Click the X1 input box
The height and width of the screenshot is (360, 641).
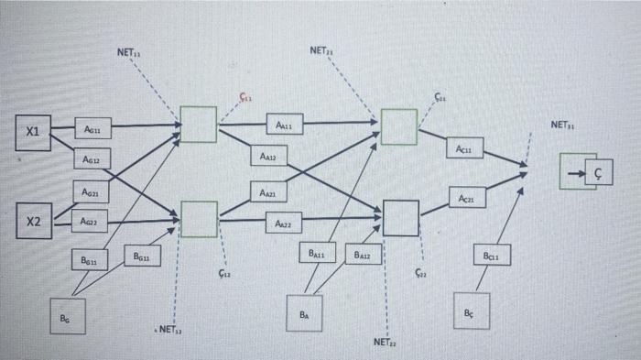coord(32,131)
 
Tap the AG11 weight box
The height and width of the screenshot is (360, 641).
coord(92,131)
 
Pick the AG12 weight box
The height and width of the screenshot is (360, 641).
coord(92,159)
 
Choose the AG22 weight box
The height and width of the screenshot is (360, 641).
coord(92,221)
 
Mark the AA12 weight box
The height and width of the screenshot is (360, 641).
coord(267,158)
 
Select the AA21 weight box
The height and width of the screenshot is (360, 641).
coord(266,193)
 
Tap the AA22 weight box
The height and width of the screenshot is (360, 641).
coord(283,223)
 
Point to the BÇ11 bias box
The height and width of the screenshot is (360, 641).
coord(491,258)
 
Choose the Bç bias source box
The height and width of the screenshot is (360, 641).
coord(471,311)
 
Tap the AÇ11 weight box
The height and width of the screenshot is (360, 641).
coord(464,148)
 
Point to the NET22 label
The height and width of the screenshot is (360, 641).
coord(386,342)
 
